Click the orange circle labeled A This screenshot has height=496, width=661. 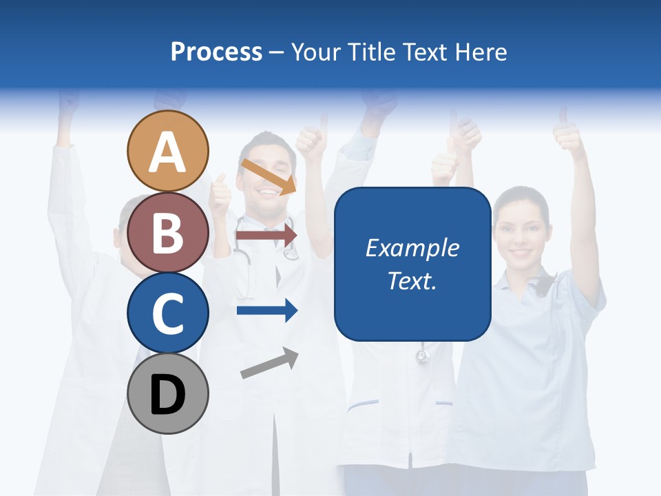coord(167,151)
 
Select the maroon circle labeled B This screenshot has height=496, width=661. coord(167,232)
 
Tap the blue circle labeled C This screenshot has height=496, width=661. coord(167,313)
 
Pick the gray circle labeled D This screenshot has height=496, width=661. coord(167,393)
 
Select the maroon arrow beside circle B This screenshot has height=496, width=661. coord(266,235)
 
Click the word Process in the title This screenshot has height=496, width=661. coord(216,52)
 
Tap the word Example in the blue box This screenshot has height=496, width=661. coord(412,248)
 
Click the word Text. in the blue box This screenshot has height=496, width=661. coord(412,280)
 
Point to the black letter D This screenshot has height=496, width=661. coord(167,395)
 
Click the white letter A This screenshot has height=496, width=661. coord(167,152)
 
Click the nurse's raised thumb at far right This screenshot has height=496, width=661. coord(569,131)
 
